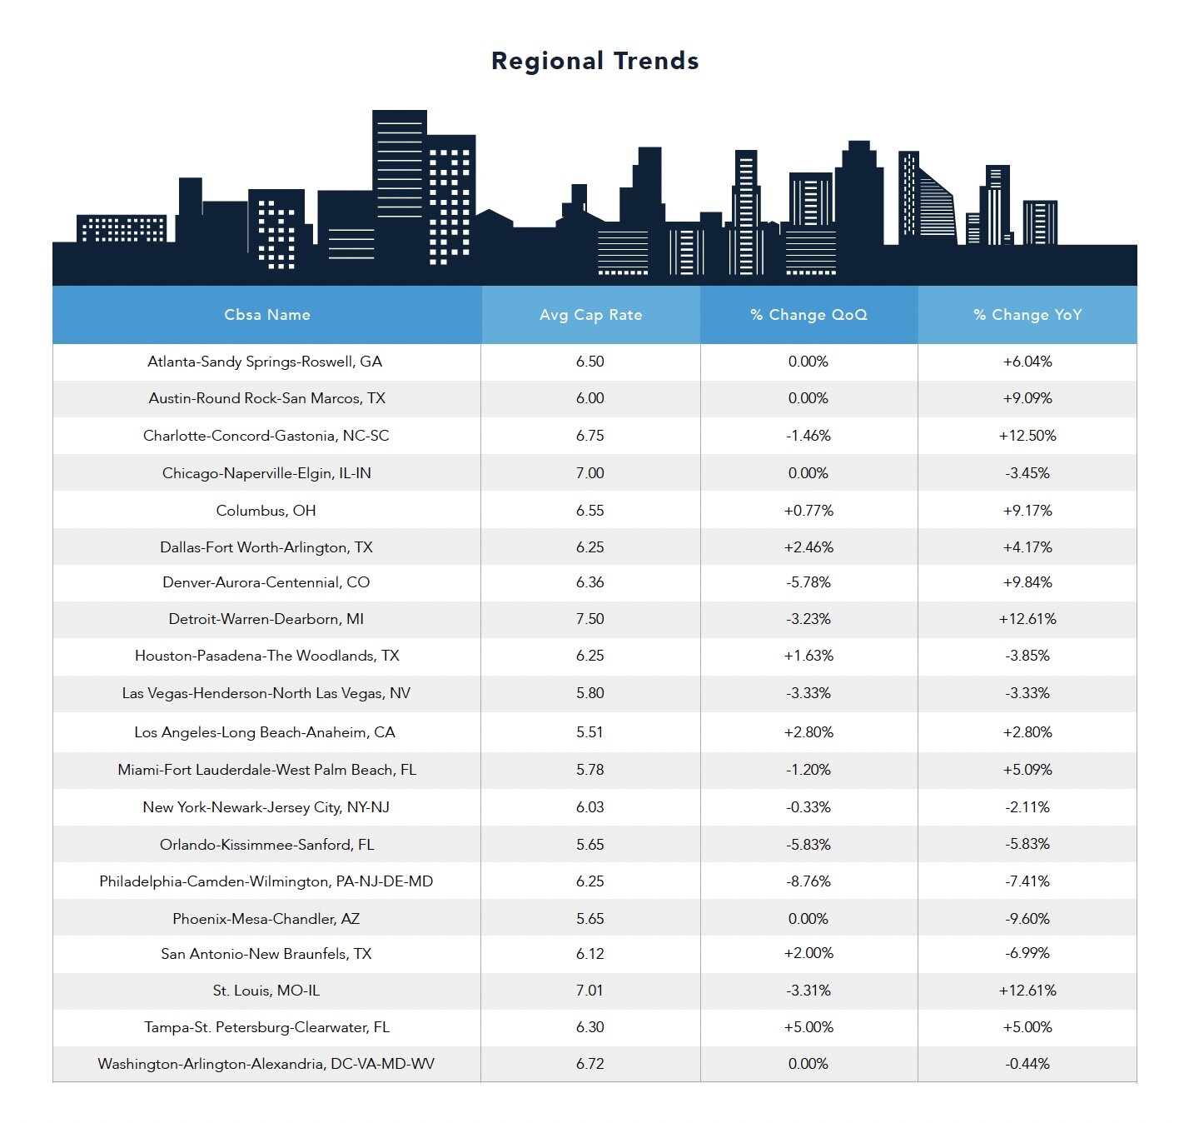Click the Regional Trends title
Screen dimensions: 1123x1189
pos(594,61)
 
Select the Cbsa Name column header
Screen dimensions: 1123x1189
pos(266,315)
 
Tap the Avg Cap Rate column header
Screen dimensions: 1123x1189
pos(590,315)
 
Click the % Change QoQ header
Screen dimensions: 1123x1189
pos(808,315)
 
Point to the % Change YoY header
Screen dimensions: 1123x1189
pos(1027,315)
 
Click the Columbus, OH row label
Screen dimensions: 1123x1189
pos(266,511)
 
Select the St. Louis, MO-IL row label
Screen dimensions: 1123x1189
pos(266,991)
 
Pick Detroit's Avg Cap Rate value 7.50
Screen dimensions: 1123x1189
pos(590,619)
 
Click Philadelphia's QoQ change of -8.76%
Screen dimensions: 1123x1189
pos(808,881)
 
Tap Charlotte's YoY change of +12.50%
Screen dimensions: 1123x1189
pos(1027,436)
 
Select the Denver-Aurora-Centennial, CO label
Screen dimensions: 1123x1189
pos(266,582)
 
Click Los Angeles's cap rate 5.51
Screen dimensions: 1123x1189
pos(590,732)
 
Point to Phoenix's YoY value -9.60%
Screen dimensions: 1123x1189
pos(1027,919)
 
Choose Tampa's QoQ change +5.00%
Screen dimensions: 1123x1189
pos(808,1027)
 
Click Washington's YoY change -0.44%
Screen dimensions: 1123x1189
pos(1027,1064)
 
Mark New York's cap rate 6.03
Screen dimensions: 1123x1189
pos(590,807)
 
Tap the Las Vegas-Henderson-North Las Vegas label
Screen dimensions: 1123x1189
pos(266,693)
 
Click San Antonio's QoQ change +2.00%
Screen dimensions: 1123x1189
pos(808,953)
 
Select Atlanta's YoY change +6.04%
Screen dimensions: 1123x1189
pos(1027,362)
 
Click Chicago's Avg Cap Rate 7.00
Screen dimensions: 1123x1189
pos(590,473)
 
